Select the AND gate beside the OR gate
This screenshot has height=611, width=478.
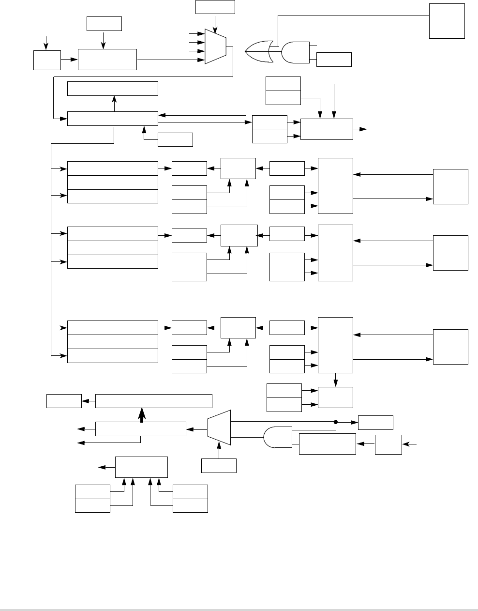click(x=296, y=53)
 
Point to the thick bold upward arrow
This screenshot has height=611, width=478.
click(x=142, y=414)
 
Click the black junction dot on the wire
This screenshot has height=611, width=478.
click(x=336, y=422)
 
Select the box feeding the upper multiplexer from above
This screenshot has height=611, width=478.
click(x=215, y=7)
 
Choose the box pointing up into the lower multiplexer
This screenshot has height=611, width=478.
click(x=219, y=466)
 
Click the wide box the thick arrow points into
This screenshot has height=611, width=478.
click(x=154, y=401)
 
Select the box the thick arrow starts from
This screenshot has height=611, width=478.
click(x=141, y=428)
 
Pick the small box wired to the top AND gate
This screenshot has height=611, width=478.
click(x=334, y=60)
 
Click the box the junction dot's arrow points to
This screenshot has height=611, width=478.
click(x=375, y=422)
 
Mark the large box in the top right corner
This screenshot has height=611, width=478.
click(x=447, y=20)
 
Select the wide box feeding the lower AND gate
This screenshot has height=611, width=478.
click(x=328, y=443)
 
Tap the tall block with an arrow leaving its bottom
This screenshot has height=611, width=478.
click(x=335, y=345)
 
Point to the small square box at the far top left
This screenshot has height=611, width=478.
click(x=47, y=60)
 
